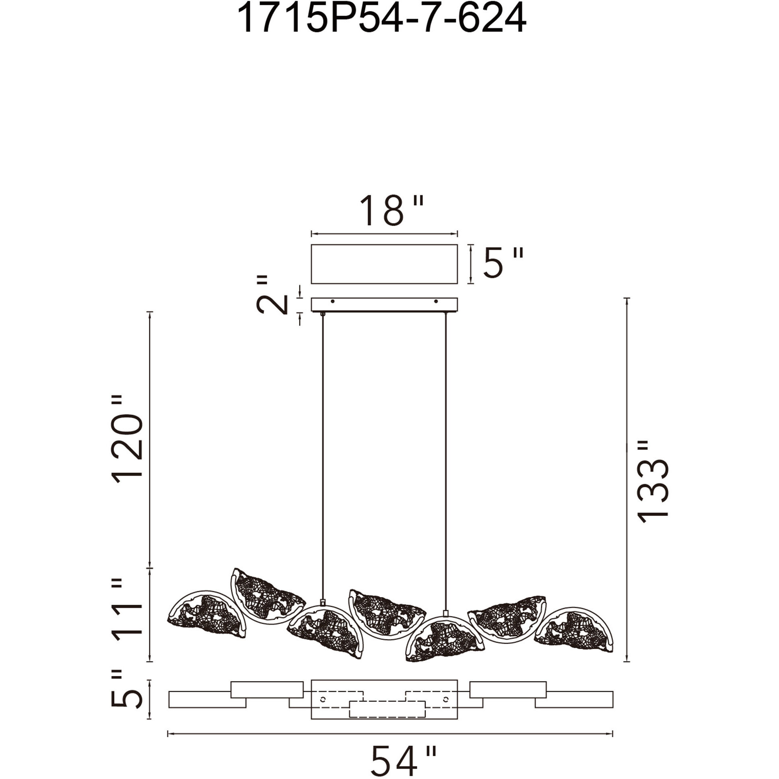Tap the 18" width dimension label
pos(392,211)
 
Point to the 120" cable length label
pos(127,440)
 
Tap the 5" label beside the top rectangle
pos(503,263)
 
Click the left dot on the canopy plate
pos(332,301)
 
